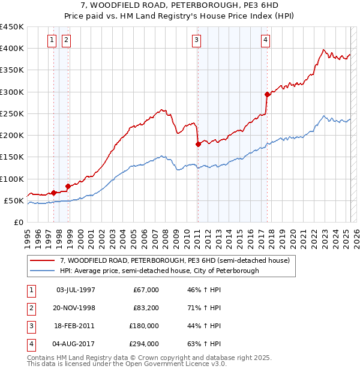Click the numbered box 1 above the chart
[x=52, y=40]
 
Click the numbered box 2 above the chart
[x=65, y=40]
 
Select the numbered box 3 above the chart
[x=196, y=40]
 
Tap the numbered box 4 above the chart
[x=265, y=40]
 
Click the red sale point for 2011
[x=198, y=144]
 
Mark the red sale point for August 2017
[x=267, y=94]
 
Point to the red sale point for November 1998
[x=68, y=186]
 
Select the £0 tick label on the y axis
[x=18, y=222]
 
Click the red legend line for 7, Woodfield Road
[x=43, y=260]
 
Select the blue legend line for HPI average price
[x=43, y=271]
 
